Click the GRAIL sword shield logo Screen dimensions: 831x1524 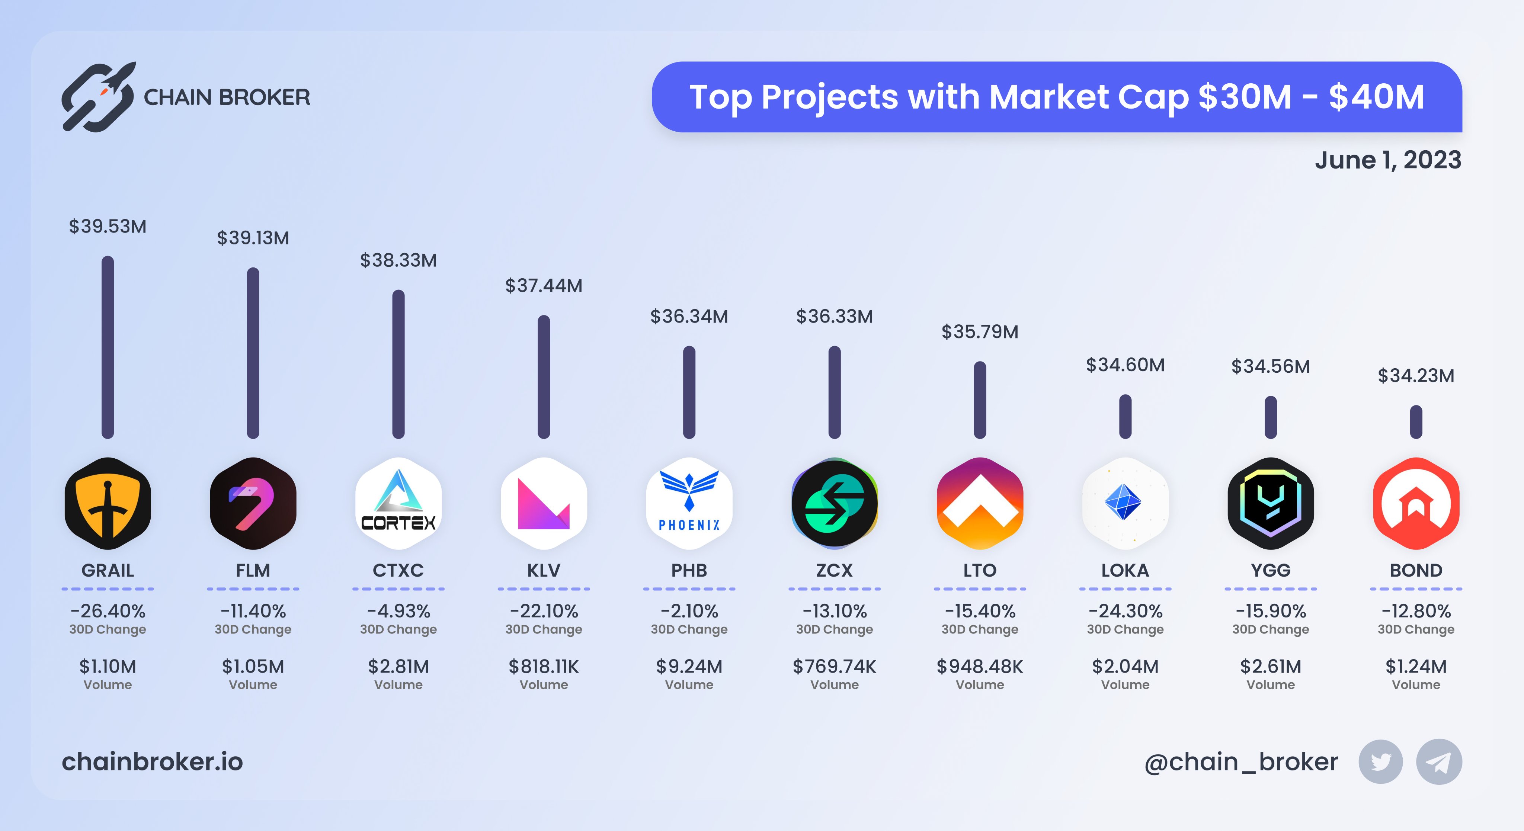(108, 503)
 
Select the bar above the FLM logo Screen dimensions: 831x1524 (253, 353)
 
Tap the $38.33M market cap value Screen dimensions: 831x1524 (398, 260)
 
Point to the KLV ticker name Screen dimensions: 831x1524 (544, 570)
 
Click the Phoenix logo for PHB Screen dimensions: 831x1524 (689, 503)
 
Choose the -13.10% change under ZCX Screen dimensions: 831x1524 (834, 610)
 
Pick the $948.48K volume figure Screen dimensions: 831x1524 (980, 667)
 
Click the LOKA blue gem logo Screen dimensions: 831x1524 (1125, 503)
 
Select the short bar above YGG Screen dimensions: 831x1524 (1270, 418)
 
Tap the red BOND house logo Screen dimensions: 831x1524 (1416, 503)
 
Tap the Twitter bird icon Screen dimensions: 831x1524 (1380, 762)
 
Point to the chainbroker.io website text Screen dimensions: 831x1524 (153, 762)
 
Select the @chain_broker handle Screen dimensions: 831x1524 (1240, 762)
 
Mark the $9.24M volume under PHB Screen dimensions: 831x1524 (689, 667)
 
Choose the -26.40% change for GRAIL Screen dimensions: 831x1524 (108, 610)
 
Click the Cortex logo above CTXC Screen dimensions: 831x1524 (398, 503)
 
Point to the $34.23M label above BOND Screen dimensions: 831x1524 (1416, 376)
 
